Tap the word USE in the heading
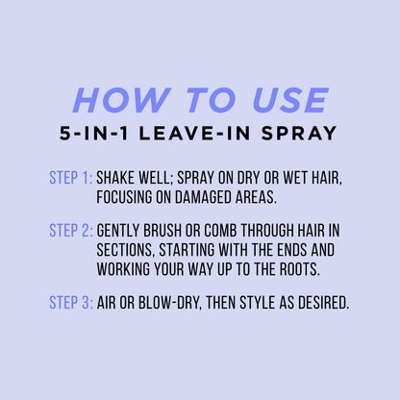(x=290, y=100)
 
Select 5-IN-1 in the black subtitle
(x=93, y=134)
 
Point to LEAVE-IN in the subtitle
(x=194, y=134)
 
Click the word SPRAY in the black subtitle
(x=299, y=134)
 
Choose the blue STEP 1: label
(x=70, y=178)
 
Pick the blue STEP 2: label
(x=70, y=231)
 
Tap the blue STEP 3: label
(x=70, y=303)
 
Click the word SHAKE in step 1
(x=114, y=178)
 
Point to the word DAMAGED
(x=203, y=197)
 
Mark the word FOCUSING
(x=124, y=197)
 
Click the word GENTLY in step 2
(x=118, y=231)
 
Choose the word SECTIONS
(x=126, y=250)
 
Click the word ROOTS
(x=300, y=269)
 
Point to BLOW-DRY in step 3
(x=170, y=303)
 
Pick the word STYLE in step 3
(x=258, y=303)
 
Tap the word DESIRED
(x=324, y=303)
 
